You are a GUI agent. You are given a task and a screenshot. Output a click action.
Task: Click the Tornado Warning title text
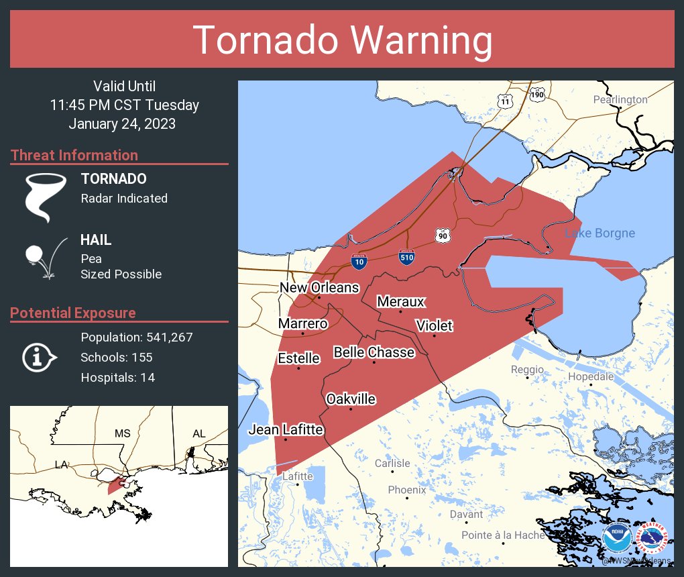342,40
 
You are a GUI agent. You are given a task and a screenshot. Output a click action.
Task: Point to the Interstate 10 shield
359,261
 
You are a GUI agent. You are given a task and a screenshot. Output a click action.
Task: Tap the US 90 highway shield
442,235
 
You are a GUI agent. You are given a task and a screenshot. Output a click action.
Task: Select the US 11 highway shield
504,100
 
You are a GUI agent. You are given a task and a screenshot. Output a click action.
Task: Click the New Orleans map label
319,288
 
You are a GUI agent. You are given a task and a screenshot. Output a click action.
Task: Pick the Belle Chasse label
374,352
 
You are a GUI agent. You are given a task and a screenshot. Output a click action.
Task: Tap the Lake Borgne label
600,233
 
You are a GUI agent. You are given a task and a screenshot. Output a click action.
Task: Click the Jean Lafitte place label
286,429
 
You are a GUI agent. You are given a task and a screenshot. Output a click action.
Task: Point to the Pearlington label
620,100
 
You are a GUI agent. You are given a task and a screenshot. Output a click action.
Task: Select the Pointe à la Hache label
502,535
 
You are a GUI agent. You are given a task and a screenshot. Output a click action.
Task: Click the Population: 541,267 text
136,337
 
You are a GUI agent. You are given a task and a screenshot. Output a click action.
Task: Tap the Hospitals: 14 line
117,377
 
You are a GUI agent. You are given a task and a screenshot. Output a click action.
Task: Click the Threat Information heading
74,155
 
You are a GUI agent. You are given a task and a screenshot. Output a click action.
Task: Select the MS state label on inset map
122,433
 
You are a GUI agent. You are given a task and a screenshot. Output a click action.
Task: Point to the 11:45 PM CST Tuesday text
124,105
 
